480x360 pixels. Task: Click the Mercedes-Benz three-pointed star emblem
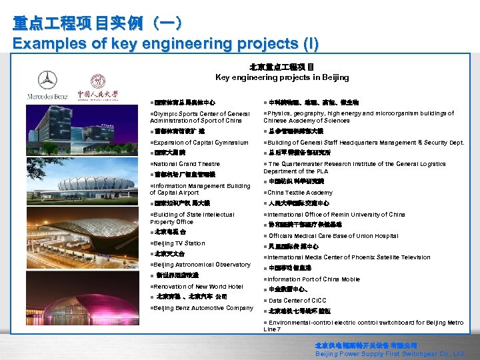coord(47,80)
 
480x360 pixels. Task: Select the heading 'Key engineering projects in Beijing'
coord(281,77)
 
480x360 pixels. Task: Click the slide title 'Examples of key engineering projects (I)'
coord(165,44)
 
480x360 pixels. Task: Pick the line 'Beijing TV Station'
coord(179,243)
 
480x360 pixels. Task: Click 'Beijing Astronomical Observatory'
coord(202,265)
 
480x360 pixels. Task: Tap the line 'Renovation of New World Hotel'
coord(199,287)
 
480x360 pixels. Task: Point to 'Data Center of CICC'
coord(297,301)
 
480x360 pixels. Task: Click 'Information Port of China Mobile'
coord(313,279)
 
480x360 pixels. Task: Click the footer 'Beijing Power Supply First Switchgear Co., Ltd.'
coord(390,353)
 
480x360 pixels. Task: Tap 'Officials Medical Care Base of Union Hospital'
coord(333,236)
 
